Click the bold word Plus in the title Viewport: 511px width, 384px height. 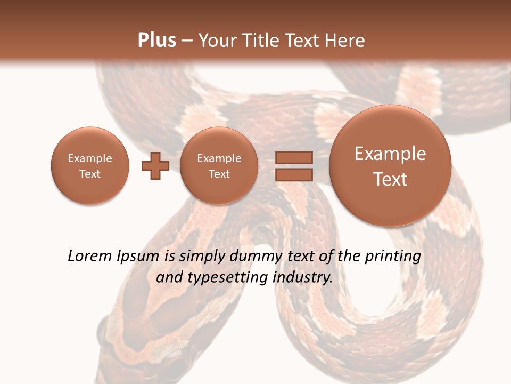click(156, 41)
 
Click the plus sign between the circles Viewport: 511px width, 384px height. click(155, 166)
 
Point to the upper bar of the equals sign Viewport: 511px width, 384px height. click(294, 157)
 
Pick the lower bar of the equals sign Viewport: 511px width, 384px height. click(294, 174)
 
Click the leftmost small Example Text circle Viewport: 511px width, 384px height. click(90, 166)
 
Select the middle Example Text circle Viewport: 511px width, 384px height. click(219, 166)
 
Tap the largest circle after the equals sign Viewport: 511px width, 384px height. click(390, 166)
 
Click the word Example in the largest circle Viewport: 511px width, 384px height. click(390, 154)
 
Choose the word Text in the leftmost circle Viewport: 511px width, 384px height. click(90, 174)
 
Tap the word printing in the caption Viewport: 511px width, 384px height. click(393, 257)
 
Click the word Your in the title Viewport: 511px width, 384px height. click(216, 41)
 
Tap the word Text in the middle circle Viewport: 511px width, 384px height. click(219, 174)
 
